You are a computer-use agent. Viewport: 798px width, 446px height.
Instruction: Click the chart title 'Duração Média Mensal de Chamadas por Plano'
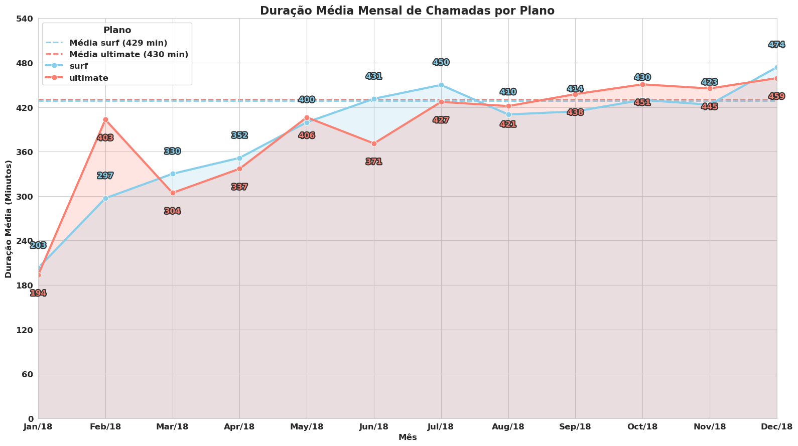point(407,11)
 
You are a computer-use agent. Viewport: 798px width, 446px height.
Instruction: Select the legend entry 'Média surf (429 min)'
point(118,43)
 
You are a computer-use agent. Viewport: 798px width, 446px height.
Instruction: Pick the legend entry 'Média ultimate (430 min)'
point(128,54)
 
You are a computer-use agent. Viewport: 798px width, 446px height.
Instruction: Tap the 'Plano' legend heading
point(117,30)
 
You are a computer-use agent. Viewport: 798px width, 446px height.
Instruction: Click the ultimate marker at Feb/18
point(105,119)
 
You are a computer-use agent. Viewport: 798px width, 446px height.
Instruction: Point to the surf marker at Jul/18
point(441,85)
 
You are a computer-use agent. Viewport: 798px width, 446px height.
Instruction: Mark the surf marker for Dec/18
point(776,67)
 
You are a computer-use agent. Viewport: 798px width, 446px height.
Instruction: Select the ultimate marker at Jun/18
point(374,143)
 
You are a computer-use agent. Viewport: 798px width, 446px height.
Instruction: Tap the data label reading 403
point(105,138)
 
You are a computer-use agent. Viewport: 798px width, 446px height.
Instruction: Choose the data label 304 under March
point(173,211)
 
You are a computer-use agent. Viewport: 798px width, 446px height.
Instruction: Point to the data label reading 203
point(38,245)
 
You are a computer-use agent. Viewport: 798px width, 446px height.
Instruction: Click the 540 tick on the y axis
point(25,19)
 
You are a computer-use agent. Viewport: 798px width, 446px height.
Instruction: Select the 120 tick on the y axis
point(25,330)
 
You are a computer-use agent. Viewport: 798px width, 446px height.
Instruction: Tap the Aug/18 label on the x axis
point(508,427)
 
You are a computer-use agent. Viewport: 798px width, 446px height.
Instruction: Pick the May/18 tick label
point(307,427)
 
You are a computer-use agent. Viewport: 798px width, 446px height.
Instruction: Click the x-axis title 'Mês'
point(408,437)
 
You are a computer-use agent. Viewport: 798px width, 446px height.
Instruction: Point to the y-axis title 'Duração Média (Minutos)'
point(9,219)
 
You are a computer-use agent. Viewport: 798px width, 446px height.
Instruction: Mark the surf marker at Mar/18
point(173,174)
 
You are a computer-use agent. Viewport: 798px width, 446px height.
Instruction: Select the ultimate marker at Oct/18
point(642,84)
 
